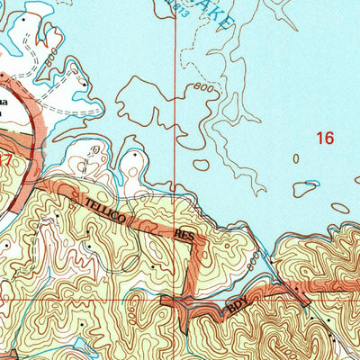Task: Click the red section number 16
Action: point(324,138)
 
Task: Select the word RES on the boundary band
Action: point(184,236)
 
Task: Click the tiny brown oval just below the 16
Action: point(296,158)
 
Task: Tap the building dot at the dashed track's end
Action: point(82,82)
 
